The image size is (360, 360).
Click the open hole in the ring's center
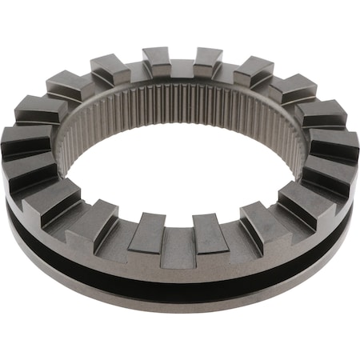tap(180, 172)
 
